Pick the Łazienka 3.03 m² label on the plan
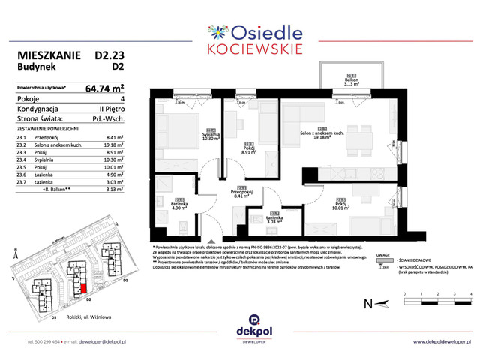click(x=274, y=219)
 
